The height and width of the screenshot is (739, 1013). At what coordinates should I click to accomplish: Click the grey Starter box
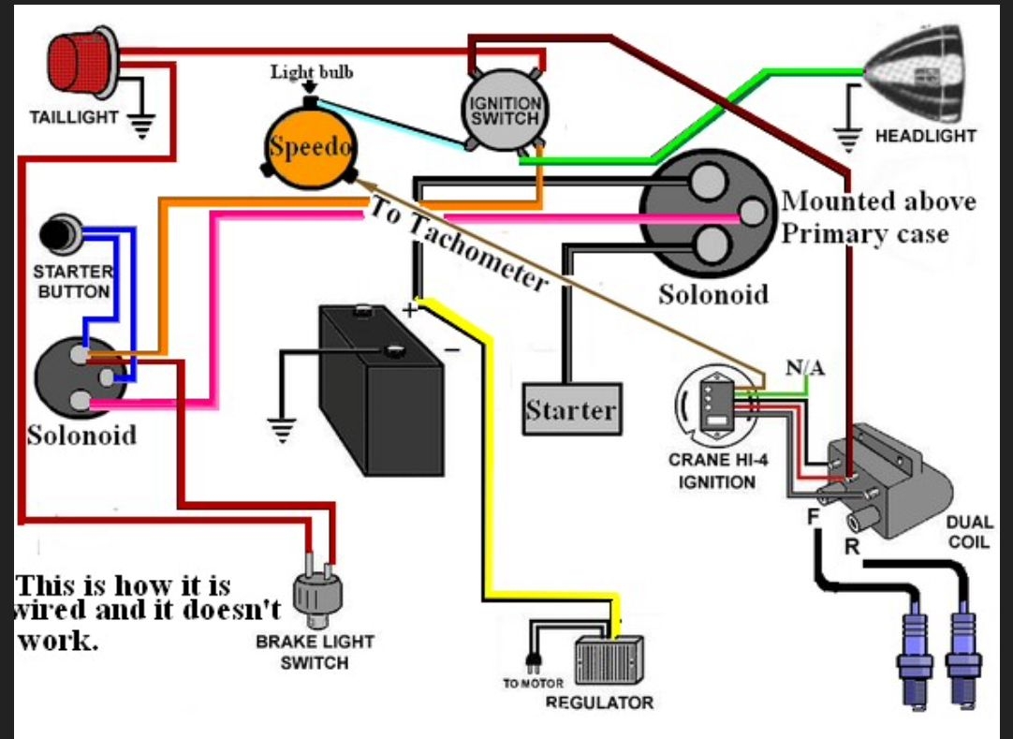point(571,408)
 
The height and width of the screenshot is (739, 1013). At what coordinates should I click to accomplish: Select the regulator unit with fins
point(608,661)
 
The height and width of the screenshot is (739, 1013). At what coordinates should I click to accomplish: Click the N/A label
point(804,368)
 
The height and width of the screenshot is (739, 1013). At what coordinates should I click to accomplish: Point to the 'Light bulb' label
point(312,73)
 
